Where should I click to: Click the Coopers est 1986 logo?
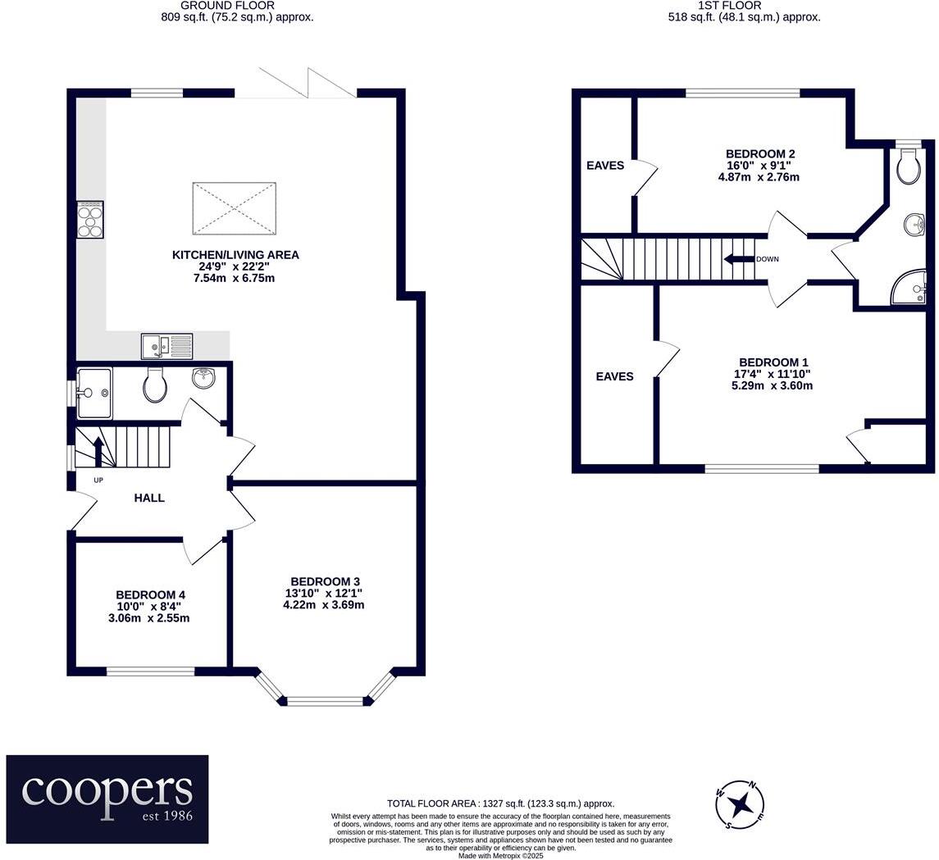coord(107,799)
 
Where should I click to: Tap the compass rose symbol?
coord(740,803)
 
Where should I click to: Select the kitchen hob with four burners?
coord(90,220)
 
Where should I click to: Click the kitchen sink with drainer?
coord(166,346)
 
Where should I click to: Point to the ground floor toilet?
coord(155,384)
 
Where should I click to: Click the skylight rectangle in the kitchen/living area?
coord(235,208)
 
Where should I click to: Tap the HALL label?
coord(149,498)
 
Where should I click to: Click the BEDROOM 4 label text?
coord(153,594)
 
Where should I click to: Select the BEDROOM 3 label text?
coord(323,581)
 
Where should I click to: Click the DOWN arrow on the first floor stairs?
coord(738,259)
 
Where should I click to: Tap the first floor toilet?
coord(908,167)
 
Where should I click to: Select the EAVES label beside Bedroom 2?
coord(605,166)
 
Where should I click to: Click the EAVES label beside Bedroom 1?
coord(614,376)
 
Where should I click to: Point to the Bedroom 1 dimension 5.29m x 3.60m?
coord(772,385)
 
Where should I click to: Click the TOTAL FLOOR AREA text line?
coord(500,804)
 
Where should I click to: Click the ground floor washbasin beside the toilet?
coord(202,378)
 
